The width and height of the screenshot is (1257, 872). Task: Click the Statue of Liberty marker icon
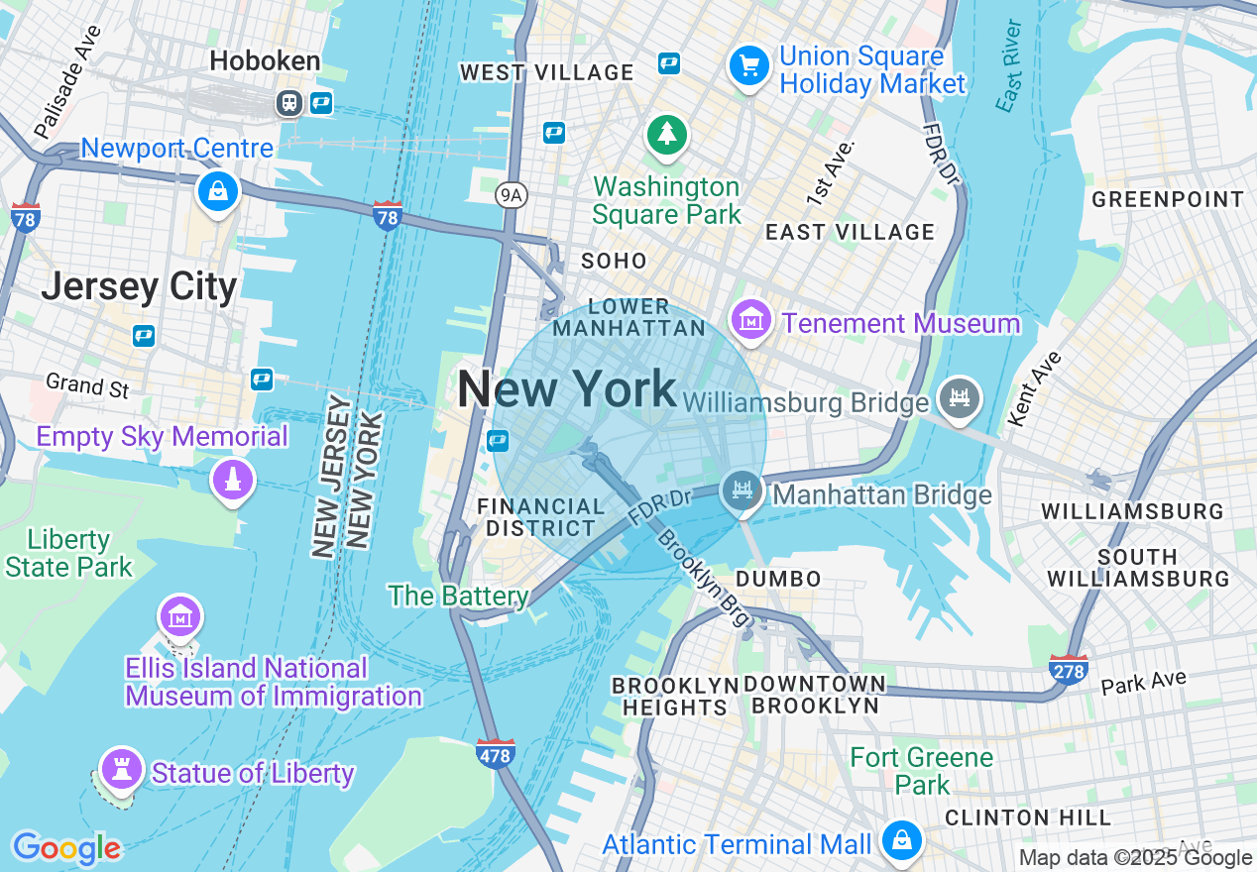[x=122, y=767]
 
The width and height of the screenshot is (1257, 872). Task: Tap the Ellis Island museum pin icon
[x=179, y=615]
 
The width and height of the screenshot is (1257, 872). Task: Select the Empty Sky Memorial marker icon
[x=233, y=480]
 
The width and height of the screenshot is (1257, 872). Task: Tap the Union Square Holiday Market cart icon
[x=749, y=66]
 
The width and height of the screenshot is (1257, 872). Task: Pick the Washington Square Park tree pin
[x=667, y=134]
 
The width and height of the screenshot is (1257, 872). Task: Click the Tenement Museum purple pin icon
[x=751, y=319]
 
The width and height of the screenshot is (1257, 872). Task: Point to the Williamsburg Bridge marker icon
[x=958, y=397]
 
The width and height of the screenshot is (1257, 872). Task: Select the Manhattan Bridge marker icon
[x=742, y=489]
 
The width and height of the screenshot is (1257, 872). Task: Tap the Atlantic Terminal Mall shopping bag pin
[x=902, y=840]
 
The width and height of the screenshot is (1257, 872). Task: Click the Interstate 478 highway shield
[x=496, y=753]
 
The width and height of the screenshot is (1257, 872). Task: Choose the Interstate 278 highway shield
[x=1068, y=669]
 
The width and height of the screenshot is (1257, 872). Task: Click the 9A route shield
[x=511, y=195]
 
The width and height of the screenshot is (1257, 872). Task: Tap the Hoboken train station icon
[x=289, y=101]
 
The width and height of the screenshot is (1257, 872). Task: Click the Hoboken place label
[x=265, y=61]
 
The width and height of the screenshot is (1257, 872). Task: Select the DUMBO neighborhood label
[x=778, y=579]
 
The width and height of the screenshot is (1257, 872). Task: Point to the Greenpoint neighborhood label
[x=1167, y=199]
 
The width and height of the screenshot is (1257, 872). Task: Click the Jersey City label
[x=139, y=286]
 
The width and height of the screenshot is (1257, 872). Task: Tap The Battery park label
[x=458, y=596]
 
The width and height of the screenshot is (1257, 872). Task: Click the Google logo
[x=66, y=848]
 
